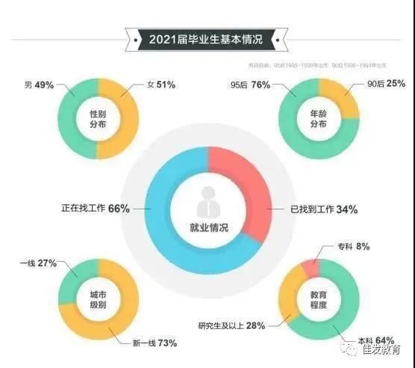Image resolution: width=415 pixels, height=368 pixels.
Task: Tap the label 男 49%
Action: click(x=39, y=85)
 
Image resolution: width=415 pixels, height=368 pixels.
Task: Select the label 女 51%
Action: click(x=159, y=85)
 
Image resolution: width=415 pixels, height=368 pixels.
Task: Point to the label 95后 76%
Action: click(x=251, y=85)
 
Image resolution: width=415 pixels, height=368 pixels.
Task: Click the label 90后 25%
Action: click(x=380, y=83)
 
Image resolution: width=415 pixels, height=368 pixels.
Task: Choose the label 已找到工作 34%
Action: click(x=324, y=210)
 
